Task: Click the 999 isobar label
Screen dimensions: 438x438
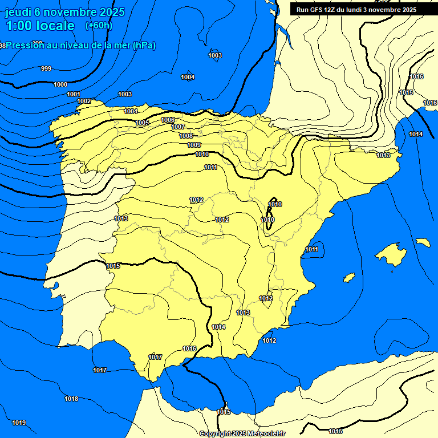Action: pos(46,68)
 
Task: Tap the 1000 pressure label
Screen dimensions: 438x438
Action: pos(60,84)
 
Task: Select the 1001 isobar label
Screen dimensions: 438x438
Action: pos(74,94)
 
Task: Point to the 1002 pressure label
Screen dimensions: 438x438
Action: pos(84,101)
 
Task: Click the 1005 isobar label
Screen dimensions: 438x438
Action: pos(143,123)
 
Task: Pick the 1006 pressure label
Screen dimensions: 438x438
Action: pos(168,120)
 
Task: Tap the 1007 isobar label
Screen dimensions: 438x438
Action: pos(178,127)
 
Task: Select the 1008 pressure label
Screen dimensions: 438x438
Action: pos(186,136)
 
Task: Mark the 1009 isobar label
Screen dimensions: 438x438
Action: pos(194,145)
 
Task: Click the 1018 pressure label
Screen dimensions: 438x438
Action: pos(71,399)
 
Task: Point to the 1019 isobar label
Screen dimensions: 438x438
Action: pos(19,423)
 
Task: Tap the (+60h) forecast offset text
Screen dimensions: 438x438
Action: pos(99,25)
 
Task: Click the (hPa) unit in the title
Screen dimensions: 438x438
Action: pos(144,45)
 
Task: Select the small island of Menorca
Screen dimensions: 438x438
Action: pos(423,242)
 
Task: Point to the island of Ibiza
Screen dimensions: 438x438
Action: pos(348,278)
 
